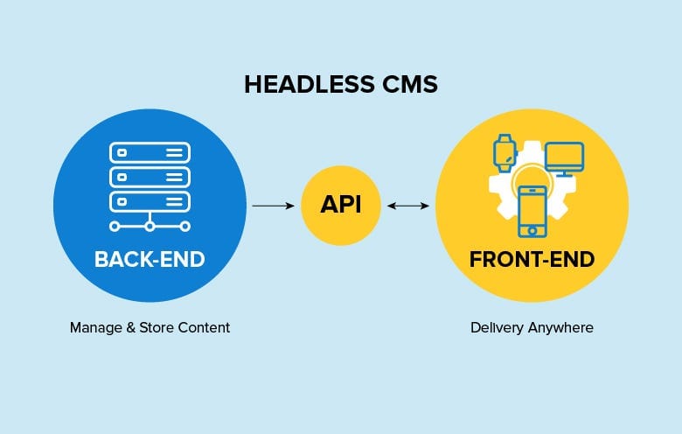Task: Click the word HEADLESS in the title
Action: (309, 85)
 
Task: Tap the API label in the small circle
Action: (341, 205)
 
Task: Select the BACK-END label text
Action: (150, 260)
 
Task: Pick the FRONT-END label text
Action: (532, 260)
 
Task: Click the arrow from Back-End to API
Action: (273, 206)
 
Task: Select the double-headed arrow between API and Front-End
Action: (408, 206)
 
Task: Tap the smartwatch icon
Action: (505, 153)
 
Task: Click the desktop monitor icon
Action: (565, 159)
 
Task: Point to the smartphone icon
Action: (532, 212)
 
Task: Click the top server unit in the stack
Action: (150, 153)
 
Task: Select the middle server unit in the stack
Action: (150, 177)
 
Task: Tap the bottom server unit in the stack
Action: (150, 201)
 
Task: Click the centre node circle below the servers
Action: (150, 227)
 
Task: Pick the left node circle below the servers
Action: (115, 227)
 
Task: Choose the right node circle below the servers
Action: (185, 227)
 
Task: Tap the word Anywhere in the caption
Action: (560, 328)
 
